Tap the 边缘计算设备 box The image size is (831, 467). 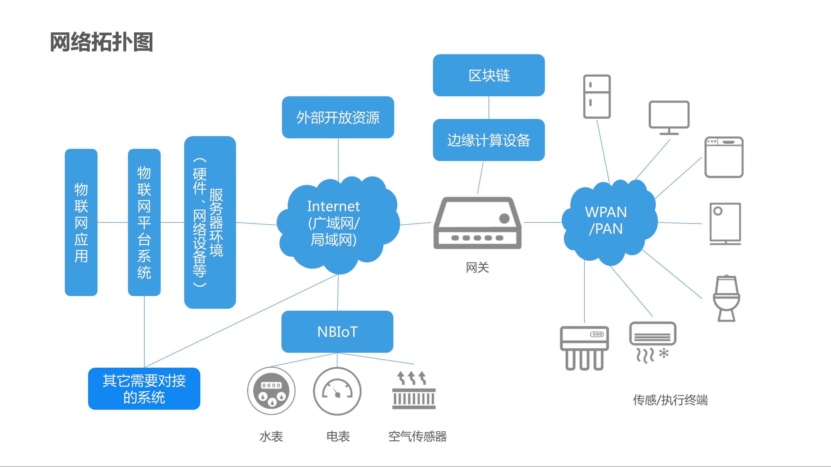click(488, 140)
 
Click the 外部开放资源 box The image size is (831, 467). click(338, 117)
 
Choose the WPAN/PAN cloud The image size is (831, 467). click(606, 221)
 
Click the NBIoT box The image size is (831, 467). click(337, 332)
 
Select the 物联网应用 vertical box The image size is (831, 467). click(81, 222)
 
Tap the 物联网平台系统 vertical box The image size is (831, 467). click(144, 222)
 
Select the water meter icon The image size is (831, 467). click(271, 391)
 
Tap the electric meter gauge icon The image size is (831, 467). click(337, 391)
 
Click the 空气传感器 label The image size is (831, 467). click(417, 437)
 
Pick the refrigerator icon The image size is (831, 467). click(597, 96)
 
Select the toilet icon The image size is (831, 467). click(726, 298)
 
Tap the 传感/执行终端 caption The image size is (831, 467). click(670, 400)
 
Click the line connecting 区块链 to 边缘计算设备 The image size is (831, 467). click(489, 108)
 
